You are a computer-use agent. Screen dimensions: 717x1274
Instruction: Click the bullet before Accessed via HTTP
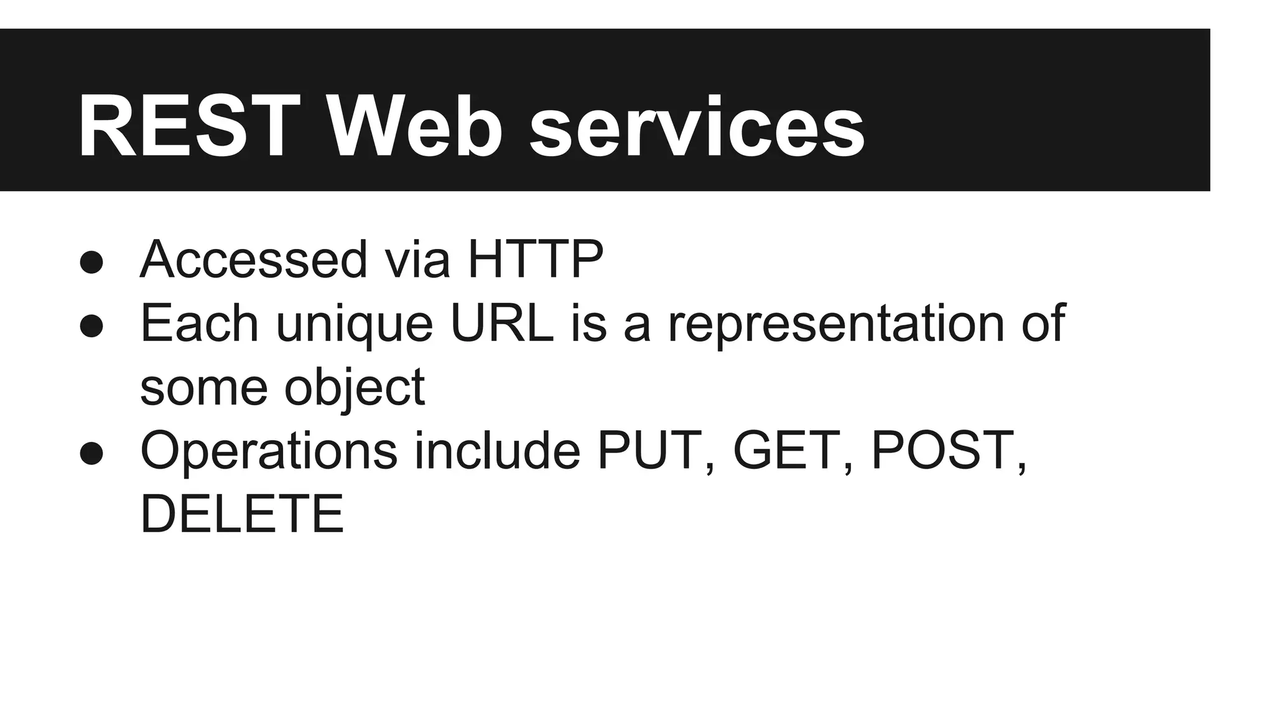point(91,262)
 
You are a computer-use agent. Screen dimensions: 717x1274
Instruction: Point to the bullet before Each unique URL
point(91,326)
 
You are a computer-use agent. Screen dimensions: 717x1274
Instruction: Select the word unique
point(354,324)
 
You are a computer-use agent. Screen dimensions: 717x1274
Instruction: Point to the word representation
point(836,324)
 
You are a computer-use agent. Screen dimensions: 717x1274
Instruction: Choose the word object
point(354,388)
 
